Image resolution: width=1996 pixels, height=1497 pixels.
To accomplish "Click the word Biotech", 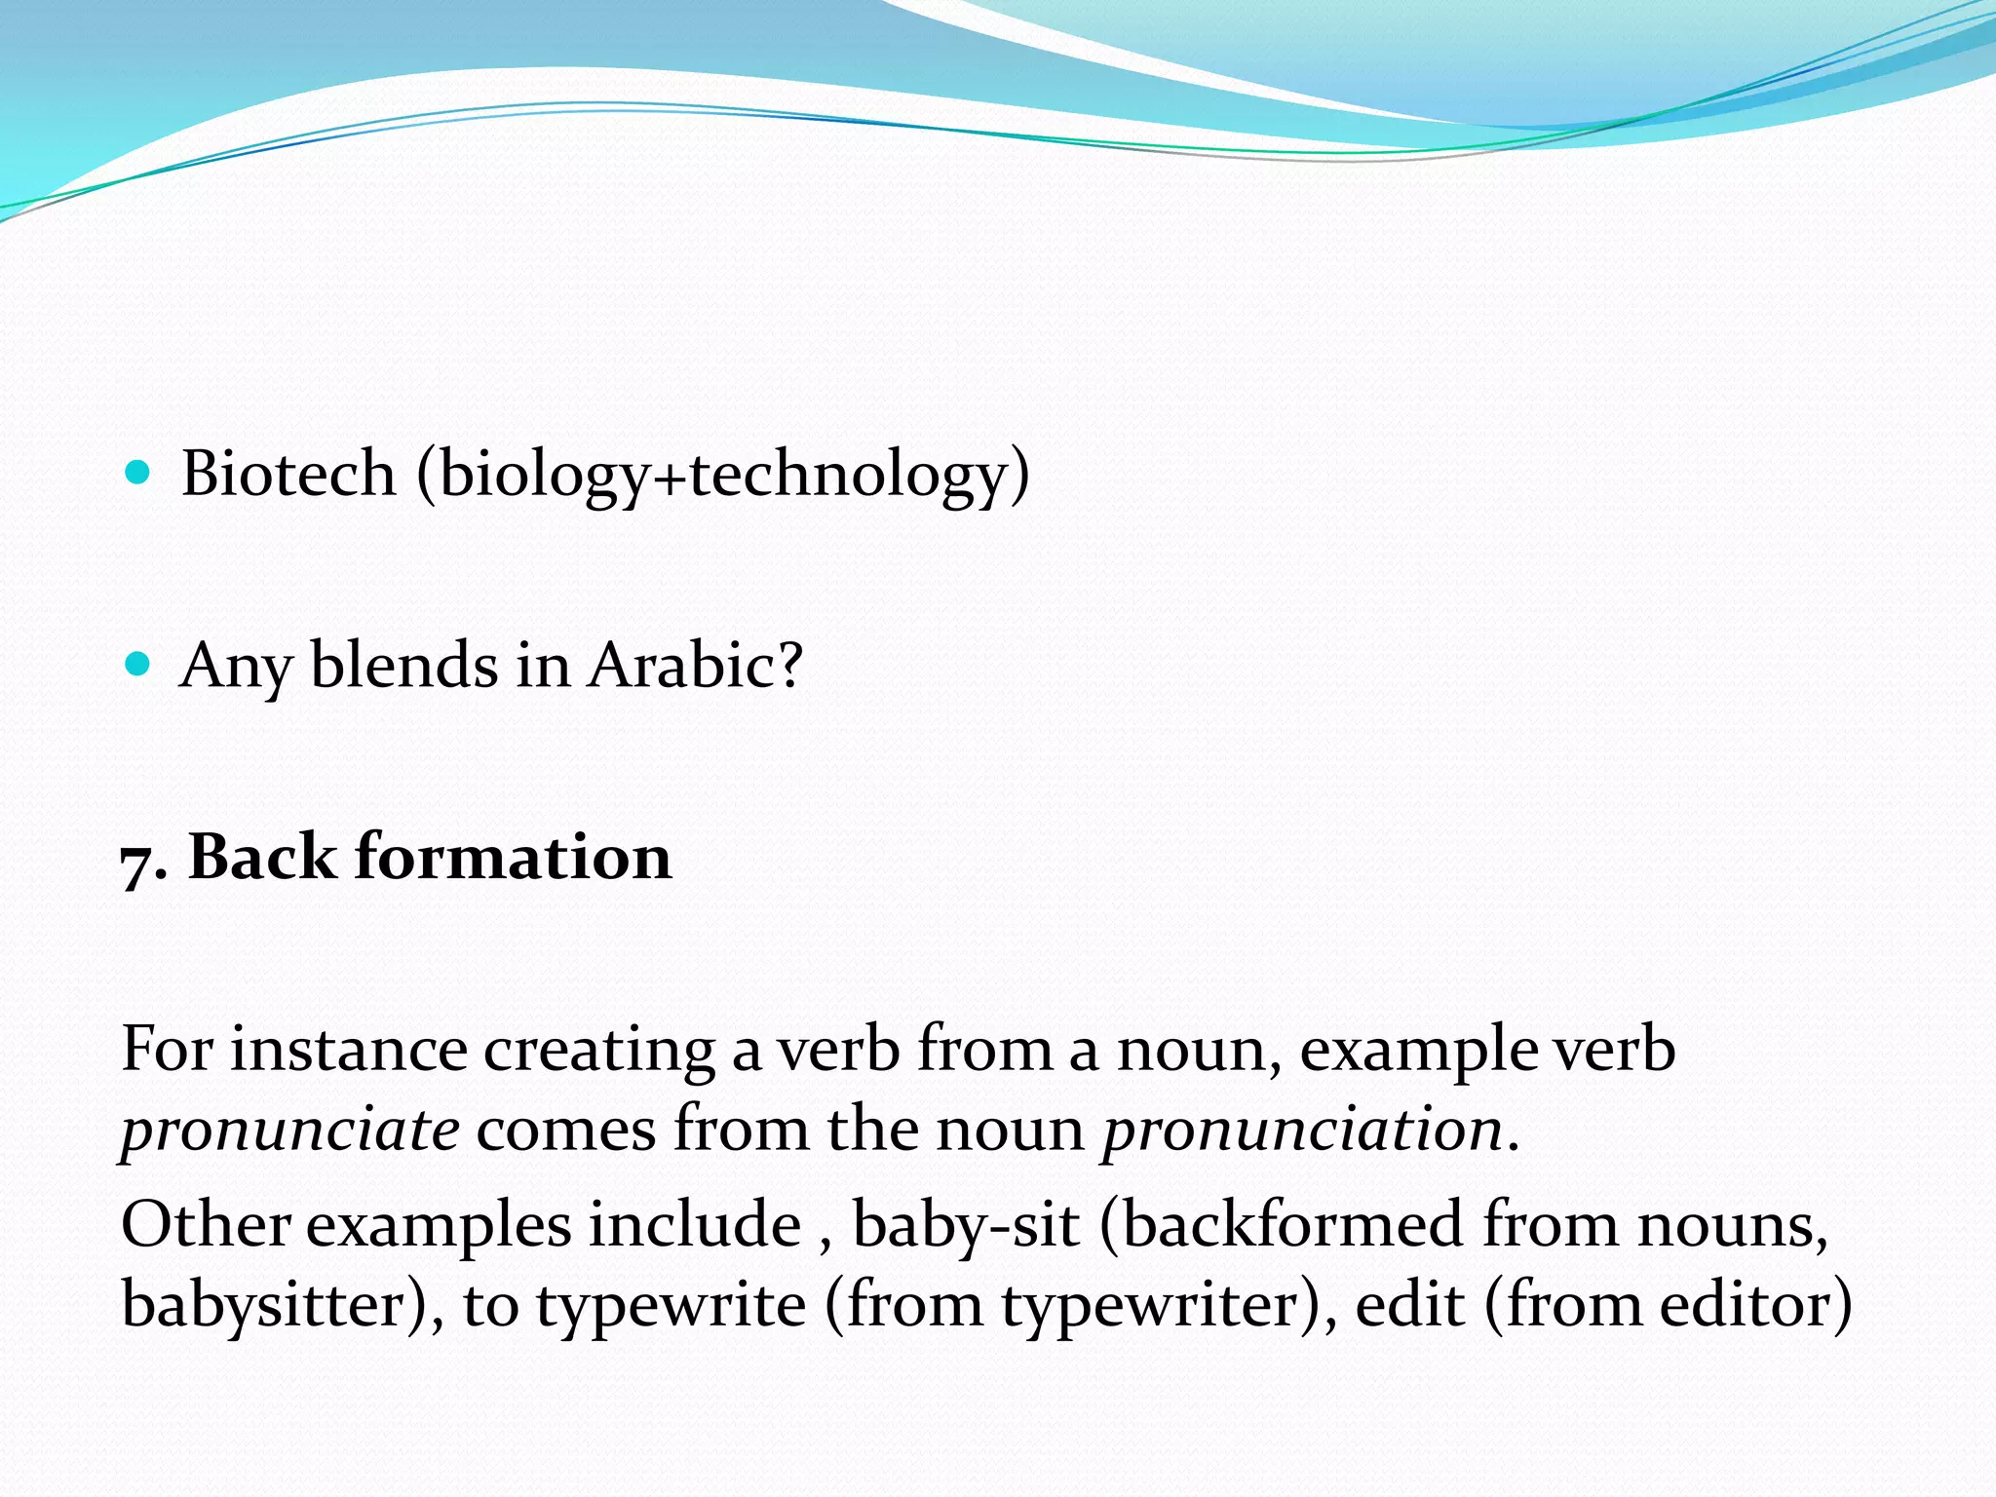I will (x=288, y=474).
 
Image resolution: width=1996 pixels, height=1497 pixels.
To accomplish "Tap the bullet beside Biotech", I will (x=138, y=474).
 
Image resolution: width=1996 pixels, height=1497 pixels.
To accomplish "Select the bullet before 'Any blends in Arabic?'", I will (x=138, y=665).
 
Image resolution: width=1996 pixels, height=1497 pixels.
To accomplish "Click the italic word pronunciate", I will (x=289, y=1131).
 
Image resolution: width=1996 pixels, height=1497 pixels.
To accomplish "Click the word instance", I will (x=348, y=1050).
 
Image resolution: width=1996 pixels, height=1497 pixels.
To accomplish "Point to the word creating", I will (x=599, y=1052).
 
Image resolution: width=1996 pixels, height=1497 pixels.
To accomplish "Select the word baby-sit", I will (x=966, y=1226).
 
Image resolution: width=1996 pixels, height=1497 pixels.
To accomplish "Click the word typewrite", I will (x=672, y=1306).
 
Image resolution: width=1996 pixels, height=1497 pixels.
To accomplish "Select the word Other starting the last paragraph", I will (x=205, y=1224).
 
